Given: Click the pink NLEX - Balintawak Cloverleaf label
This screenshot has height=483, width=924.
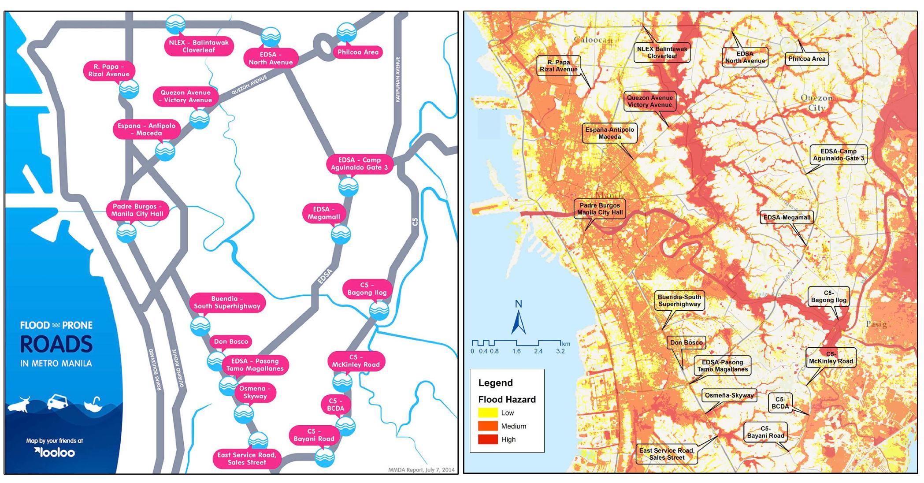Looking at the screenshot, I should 199,46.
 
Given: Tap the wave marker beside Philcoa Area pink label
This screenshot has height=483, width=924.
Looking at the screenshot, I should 346,33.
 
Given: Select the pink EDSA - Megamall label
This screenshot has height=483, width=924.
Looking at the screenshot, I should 324,213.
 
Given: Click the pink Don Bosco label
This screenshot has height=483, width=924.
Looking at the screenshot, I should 231,342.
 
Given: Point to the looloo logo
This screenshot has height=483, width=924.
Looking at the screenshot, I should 55,453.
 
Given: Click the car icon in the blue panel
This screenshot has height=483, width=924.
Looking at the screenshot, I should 58,402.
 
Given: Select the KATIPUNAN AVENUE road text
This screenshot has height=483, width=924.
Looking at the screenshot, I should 397,79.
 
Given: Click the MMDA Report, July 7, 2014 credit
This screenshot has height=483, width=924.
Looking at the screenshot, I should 421,470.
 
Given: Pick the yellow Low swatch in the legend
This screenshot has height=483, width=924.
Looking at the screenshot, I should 488,413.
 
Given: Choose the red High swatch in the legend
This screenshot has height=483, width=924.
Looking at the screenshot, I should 488,439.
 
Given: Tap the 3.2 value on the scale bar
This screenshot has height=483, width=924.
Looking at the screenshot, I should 560,351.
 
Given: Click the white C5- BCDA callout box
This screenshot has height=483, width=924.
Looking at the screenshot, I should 779,403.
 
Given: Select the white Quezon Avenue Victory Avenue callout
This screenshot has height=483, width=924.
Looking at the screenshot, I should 649,101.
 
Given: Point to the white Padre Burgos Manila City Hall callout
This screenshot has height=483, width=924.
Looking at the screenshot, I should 600,209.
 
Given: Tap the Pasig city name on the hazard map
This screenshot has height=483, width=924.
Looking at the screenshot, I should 876,324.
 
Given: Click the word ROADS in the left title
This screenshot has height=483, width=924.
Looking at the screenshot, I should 56,345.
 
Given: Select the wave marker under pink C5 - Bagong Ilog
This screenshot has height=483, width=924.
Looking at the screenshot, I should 379,311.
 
